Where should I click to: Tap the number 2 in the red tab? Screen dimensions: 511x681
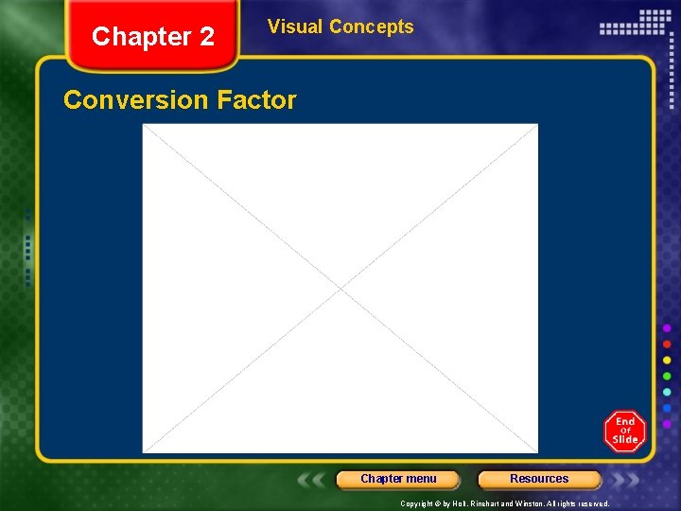click(205, 37)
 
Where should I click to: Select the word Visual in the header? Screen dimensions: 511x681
click(294, 26)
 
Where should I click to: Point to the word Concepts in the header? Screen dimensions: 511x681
click(371, 26)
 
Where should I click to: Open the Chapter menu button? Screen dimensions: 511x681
click(398, 479)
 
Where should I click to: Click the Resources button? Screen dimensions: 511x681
click(539, 479)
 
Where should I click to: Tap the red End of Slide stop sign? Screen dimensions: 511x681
click(625, 432)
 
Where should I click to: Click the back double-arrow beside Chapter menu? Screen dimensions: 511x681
click(311, 480)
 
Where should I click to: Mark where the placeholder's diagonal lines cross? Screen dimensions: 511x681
click(340, 288)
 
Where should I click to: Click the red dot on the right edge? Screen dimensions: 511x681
click(667, 344)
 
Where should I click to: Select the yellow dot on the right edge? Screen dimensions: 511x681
click(667, 361)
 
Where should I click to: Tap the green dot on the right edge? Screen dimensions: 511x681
click(667, 377)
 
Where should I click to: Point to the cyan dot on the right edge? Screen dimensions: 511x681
click(667, 393)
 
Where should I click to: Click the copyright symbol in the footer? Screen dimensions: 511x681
click(438, 504)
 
